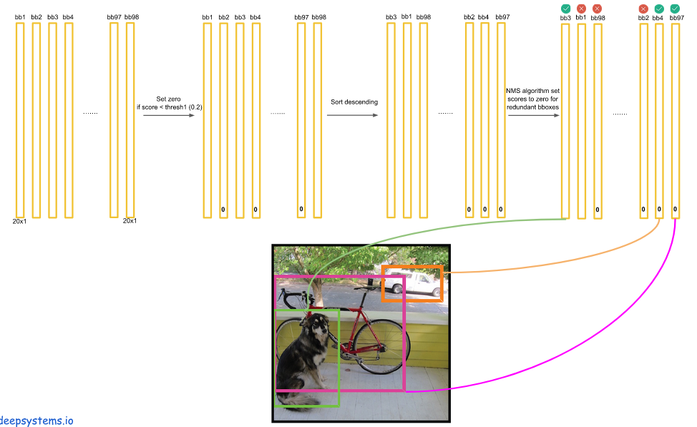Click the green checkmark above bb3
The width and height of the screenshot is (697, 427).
point(565,9)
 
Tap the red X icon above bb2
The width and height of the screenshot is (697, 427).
point(643,9)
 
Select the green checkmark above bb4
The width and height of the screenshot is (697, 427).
point(659,9)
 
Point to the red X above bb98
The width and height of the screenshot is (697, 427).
point(598,9)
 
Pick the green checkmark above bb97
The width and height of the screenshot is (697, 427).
point(675,9)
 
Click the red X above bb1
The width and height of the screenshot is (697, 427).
point(581,9)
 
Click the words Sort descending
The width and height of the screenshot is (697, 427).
point(354,102)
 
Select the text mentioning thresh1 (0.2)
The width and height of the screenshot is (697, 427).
point(170,107)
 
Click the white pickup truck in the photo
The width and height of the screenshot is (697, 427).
point(415,285)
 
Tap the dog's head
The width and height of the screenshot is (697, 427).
point(318,330)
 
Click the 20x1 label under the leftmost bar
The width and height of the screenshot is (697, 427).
point(19,221)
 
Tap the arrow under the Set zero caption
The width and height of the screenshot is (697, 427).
point(169,115)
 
